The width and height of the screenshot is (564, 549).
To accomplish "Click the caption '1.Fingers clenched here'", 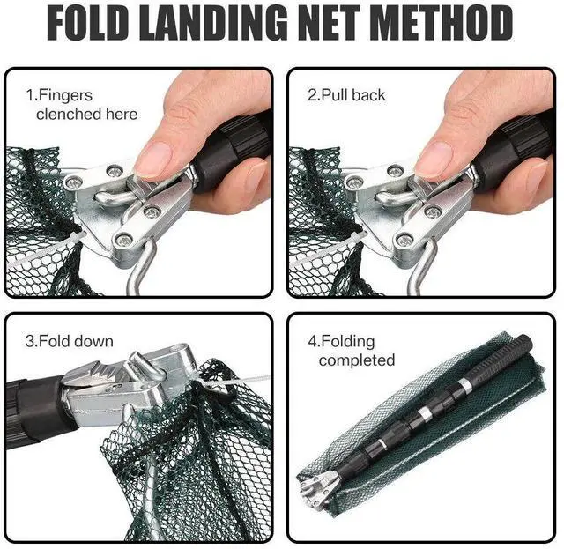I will pyautogui.click(x=85, y=105).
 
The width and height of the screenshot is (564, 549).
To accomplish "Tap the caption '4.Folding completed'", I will pyautogui.click(x=356, y=351).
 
